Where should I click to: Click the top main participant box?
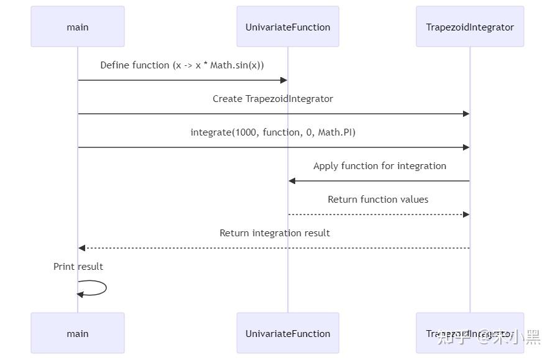pos(78,27)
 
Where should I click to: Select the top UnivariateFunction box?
pos(288,27)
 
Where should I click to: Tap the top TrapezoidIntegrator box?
pos(470,27)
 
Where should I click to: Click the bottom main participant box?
pos(78,333)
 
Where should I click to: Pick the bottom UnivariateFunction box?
pos(288,333)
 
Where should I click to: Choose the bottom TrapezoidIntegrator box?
pos(470,333)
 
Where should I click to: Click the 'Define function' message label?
pos(182,65)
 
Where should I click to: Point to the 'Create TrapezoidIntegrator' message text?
pos(273,99)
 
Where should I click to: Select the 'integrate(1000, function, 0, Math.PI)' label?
pos(273,132)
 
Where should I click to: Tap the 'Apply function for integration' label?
pos(380,166)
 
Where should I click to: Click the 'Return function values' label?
pos(378,200)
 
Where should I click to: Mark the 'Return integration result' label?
pos(275,233)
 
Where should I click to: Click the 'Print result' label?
pos(78,267)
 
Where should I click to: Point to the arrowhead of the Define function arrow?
pos(283,80)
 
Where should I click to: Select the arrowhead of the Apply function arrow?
pos(292,181)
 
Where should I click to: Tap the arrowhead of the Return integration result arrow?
pos(82,248)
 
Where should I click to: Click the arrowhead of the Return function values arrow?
pos(466,215)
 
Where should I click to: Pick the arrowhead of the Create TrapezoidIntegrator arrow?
pos(466,114)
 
